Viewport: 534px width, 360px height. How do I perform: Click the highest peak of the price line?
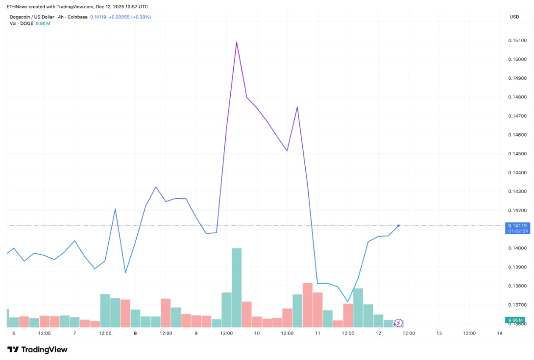(x=237, y=42)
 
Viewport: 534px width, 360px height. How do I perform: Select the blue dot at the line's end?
(x=399, y=225)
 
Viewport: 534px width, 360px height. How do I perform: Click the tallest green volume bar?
(x=237, y=288)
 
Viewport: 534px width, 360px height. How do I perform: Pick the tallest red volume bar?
(x=308, y=305)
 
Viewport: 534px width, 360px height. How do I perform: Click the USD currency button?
(x=514, y=17)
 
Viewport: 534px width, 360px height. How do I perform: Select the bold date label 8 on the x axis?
(x=135, y=334)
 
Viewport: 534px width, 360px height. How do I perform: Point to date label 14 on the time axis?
(x=500, y=334)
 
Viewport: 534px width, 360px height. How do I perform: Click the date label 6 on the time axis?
(x=14, y=334)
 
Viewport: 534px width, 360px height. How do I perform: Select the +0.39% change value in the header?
(x=141, y=17)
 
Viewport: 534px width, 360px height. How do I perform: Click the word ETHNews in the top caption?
(x=17, y=6)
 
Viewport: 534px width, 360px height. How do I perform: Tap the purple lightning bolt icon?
(x=398, y=322)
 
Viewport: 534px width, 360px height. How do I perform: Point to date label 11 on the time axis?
(x=317, y=334)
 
